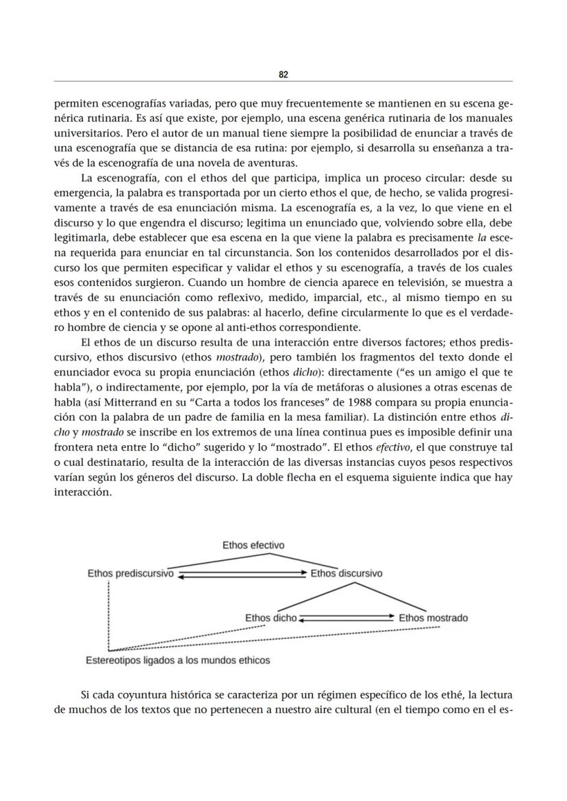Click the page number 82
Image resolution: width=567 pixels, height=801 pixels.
click(x=283, y=75)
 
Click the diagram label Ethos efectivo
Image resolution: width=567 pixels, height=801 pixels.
click(x=253, y=545)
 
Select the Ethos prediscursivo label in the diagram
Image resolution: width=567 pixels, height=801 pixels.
click(x=130, y=574)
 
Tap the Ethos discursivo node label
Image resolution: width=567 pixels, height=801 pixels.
click(x=346, y=574)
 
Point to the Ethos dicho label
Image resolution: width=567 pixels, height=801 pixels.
click(x=270, y=618)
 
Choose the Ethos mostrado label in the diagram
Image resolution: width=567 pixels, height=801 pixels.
click(x=433, y=618)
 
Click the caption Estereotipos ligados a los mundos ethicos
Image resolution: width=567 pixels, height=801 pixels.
click(x=177, y=661)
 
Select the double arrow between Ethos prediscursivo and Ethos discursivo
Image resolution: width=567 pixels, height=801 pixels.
click(x=242, y=575)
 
